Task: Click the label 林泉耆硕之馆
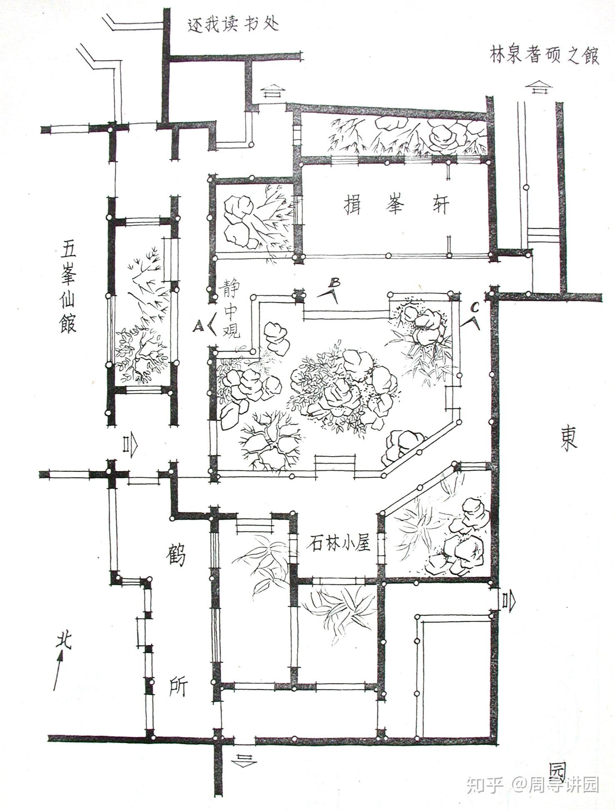pyautogui.click(x=544, y=56)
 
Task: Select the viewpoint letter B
pyautogui.click(x=334, y=283)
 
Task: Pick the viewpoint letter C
pyautogui.click(x=475, y=308)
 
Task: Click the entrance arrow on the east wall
pyautogui.click(x=509, y=601)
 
